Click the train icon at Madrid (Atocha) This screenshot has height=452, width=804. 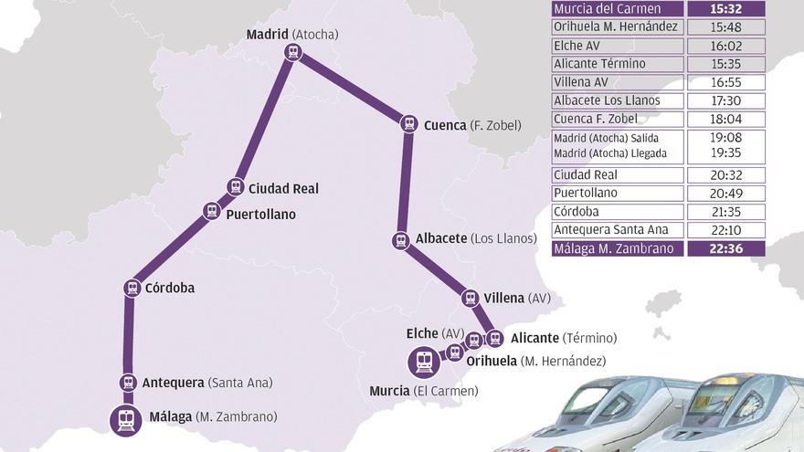pos(292,52)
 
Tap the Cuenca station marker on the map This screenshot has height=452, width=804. pos(408,125)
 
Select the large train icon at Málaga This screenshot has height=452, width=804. pos(126,420)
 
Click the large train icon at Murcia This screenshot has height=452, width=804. pos(424,363)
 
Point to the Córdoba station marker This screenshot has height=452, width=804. pos(132,289)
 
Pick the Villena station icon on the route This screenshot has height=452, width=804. pos(471,298)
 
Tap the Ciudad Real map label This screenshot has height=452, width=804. pos(283,188)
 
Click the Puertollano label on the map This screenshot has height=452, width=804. pos(260,214)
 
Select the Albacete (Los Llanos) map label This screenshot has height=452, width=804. pos(476,238)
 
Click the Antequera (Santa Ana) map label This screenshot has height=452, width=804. pos(207,383)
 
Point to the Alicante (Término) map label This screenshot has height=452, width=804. pos(564,338)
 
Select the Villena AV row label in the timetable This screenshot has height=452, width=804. pos(618,82)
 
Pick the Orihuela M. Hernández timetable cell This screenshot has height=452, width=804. pos(618,26)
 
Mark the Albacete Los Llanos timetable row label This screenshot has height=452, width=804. pos(618,100)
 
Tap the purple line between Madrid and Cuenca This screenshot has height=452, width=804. pos(352,89)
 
